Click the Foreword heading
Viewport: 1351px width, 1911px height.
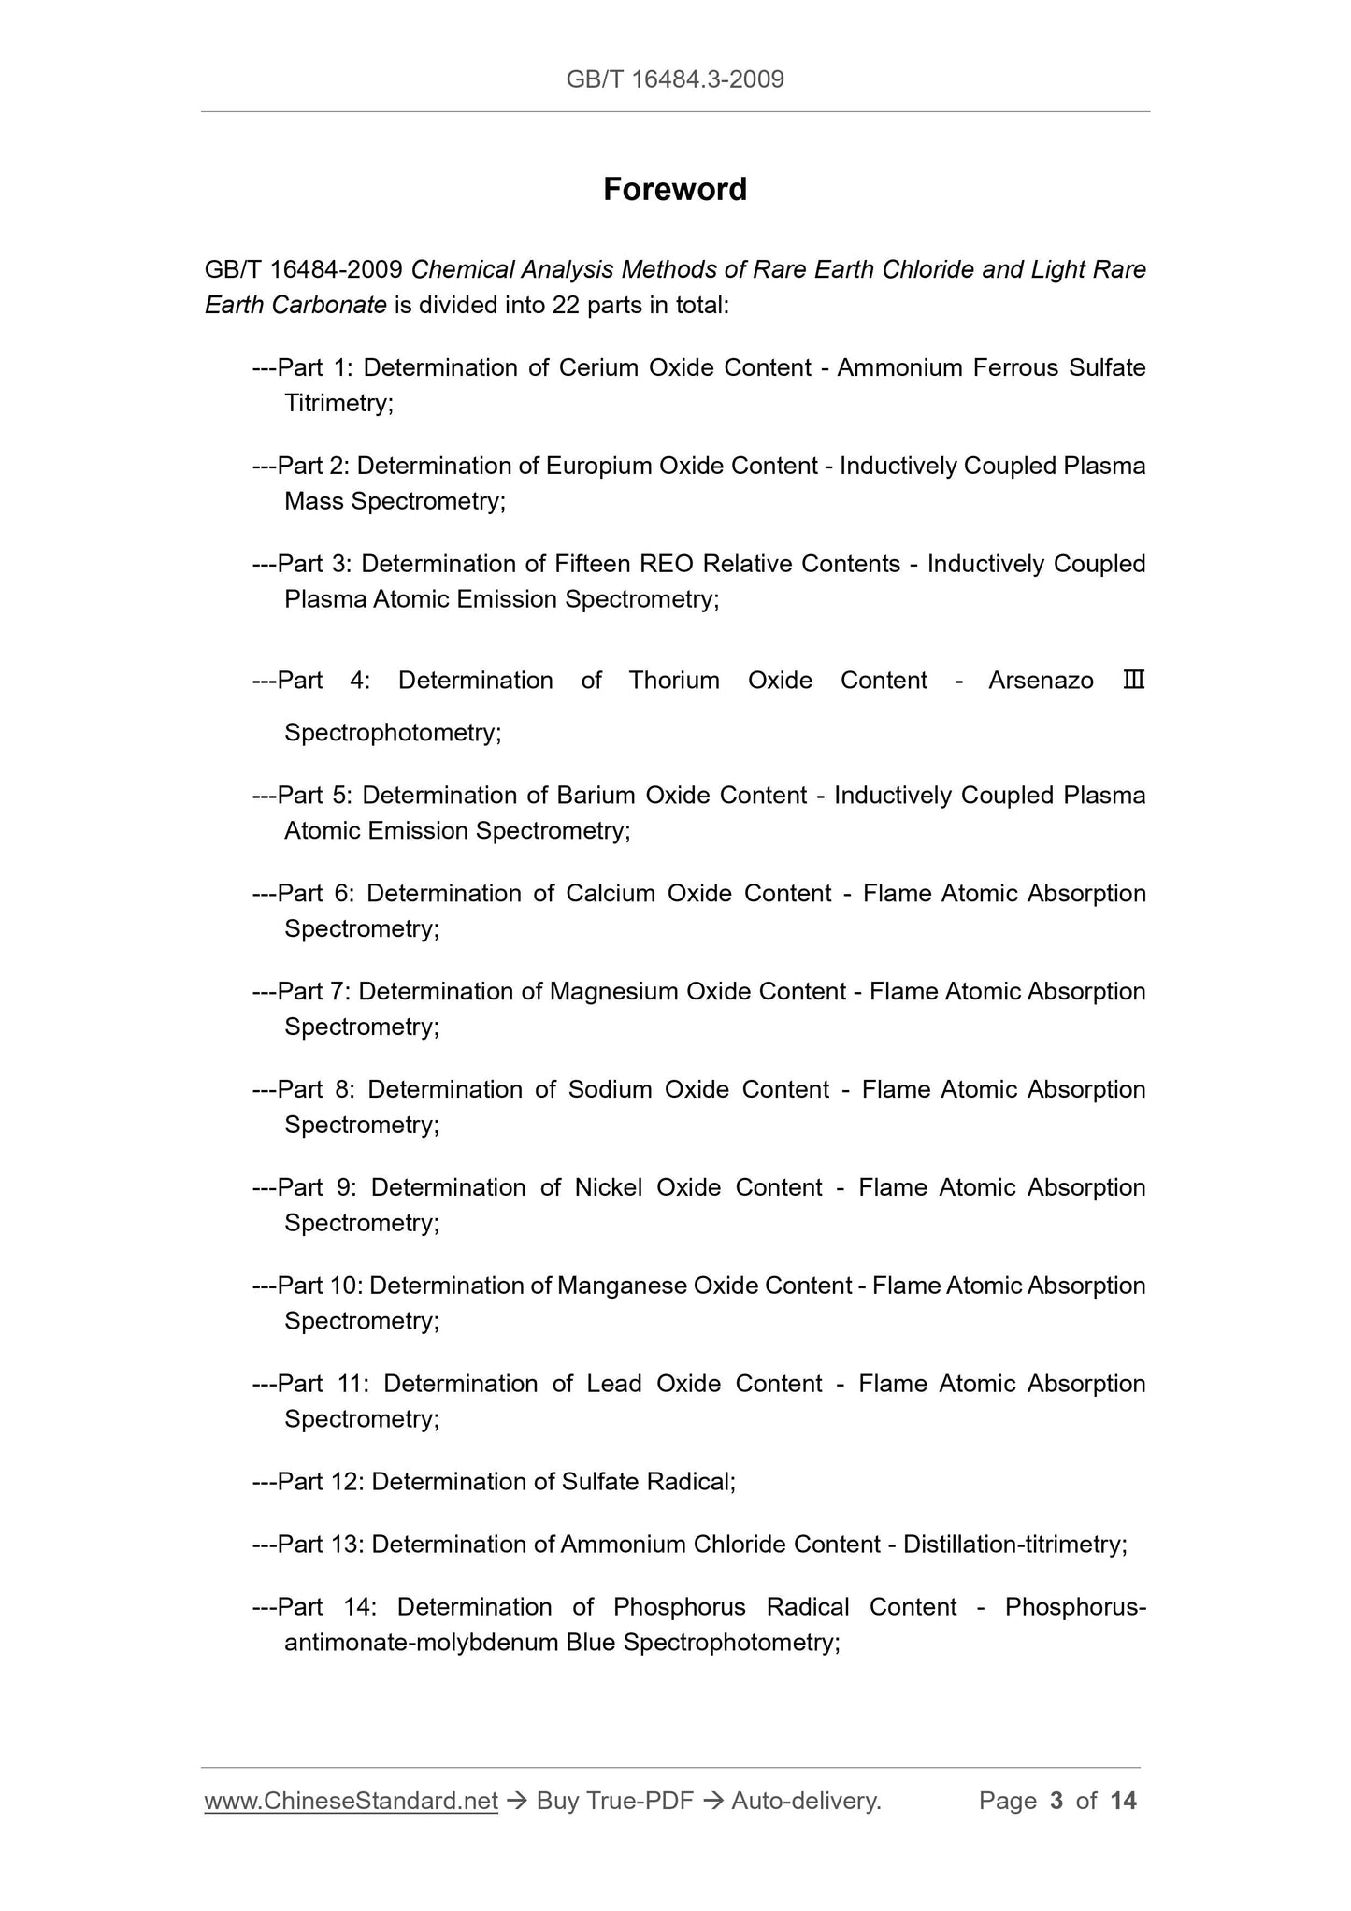coord(674,190)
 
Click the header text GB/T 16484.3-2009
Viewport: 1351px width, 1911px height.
coord(675,79)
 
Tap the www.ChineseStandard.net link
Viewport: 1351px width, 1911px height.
coord(351,1801)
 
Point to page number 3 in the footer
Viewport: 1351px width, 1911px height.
coord(1056,1801)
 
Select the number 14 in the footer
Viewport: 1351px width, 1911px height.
coord(1123,1801)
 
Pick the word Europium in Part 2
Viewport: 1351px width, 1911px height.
coord(598,466)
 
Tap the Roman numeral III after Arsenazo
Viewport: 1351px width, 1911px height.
coord(1133,680)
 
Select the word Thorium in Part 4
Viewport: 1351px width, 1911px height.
coord(674,680)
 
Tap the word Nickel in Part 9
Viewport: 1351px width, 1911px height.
coord(608,1187)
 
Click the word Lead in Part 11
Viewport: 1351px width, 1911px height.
coord(613,1384)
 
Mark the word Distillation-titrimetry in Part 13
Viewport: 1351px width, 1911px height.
coord(1013,1544)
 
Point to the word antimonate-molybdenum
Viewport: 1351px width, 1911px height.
coord(421,1642)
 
